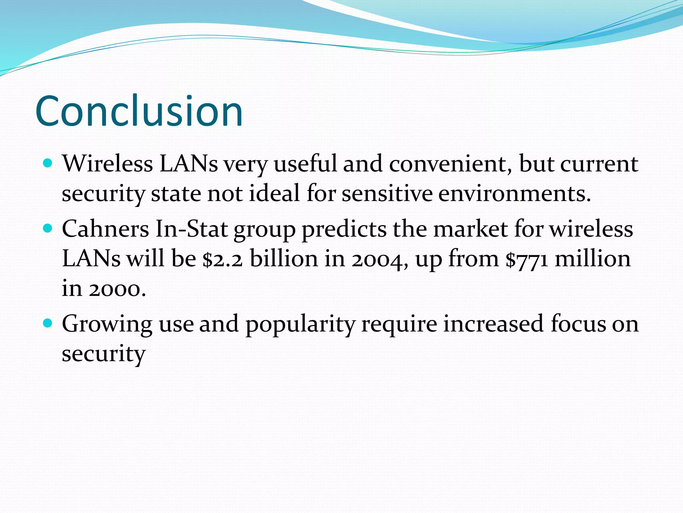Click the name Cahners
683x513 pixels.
(x=105, y=229)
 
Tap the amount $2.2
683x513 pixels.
(x=222, y=259)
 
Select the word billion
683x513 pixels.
(x=284, y=259)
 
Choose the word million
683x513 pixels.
(x=593, y=259)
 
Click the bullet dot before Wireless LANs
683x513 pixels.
(x=48, y=163)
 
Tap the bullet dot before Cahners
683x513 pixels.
(x=48, y=228)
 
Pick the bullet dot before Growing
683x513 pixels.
(x=48, y=323)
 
